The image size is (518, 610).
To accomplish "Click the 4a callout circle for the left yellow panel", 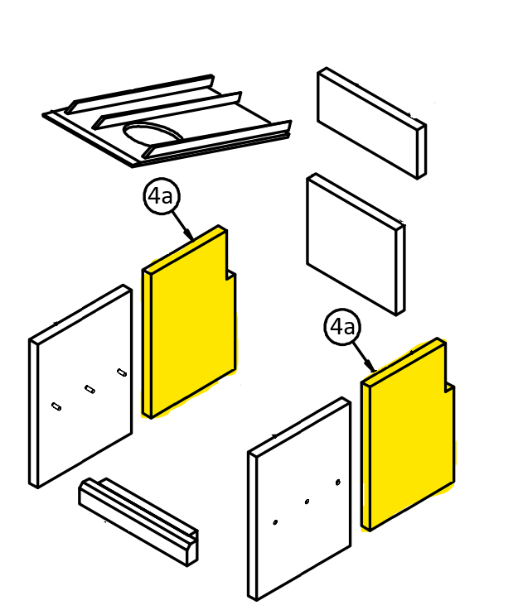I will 161,196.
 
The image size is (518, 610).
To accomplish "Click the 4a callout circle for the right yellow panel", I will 342,327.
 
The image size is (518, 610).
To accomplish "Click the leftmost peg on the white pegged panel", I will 56,406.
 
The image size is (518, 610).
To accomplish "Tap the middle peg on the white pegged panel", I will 90,389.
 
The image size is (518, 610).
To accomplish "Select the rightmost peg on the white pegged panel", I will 122,372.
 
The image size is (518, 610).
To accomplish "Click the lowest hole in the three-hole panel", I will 275,522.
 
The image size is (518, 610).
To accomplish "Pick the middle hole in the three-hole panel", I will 307,502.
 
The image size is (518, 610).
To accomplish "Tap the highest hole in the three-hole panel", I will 338,482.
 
